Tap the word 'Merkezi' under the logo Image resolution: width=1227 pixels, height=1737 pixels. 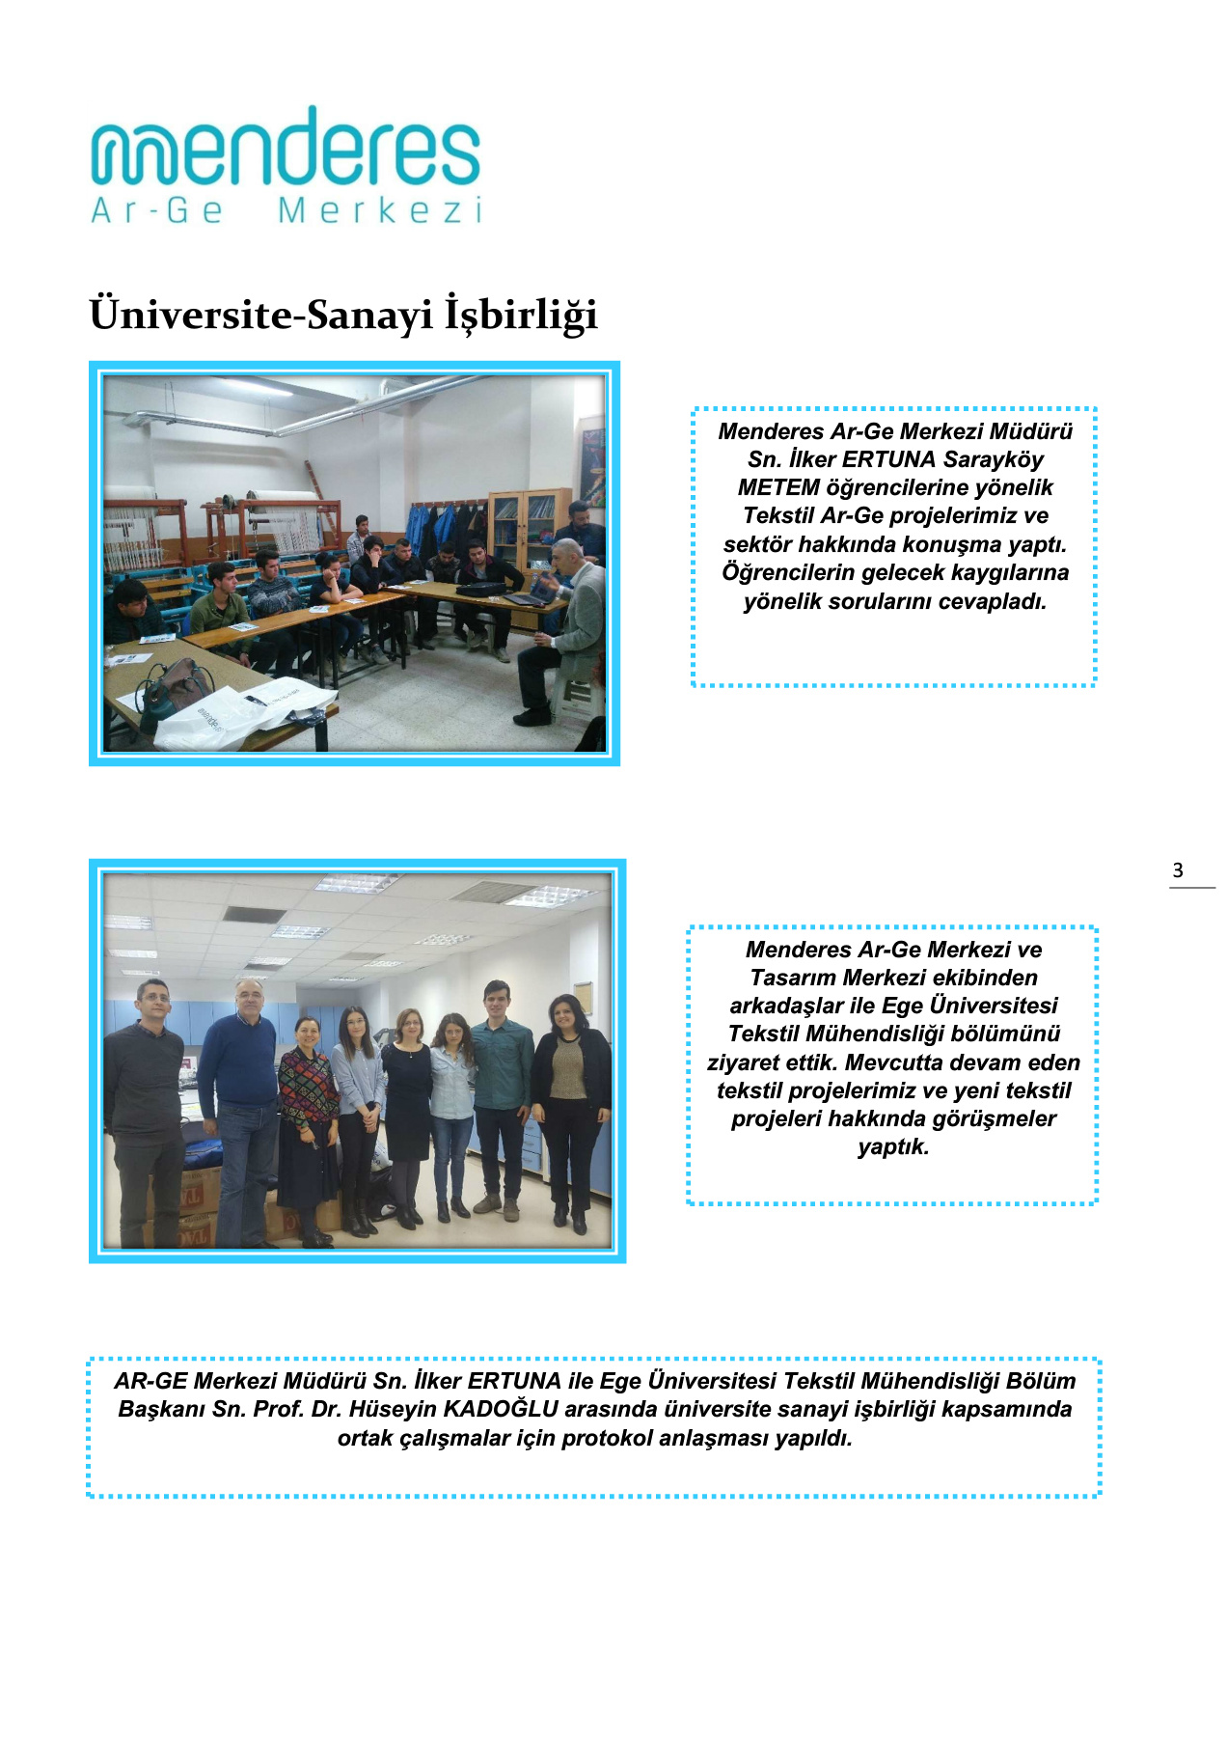[x=380, y=210]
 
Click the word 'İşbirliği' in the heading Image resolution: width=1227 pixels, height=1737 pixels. [x=521, y=316]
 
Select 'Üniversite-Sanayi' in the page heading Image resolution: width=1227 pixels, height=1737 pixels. [x=260, y=316]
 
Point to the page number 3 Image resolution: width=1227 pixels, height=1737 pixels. [x=1178, y=870]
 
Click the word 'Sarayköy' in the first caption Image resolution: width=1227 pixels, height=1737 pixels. [x=994, y=459]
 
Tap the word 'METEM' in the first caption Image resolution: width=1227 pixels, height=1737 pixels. [x=778, y=487]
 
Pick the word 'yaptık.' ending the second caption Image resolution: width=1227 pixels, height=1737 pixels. [x=893, y=1146]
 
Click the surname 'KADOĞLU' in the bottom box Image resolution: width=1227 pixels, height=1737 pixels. [x=501, y=1409]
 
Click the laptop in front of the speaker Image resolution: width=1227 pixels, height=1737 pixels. [x=526, y=599]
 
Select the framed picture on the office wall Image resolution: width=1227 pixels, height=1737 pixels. [x=583, y=997]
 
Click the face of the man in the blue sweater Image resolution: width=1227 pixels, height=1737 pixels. [x=249, y=999]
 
